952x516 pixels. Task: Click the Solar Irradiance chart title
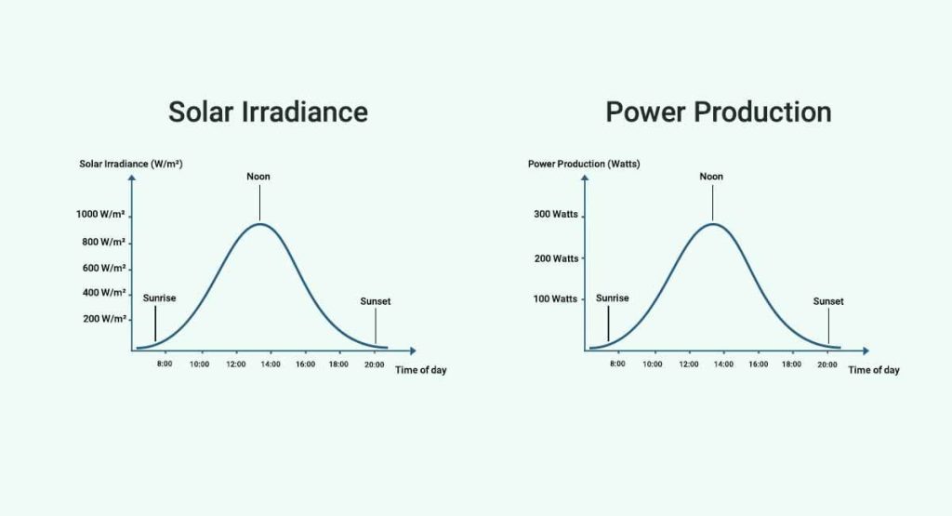(x=268, y=112)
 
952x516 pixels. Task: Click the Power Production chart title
(x=718, y=112)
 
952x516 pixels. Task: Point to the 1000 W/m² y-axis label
(x=100, y=215)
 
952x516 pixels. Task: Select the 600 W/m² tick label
(x=103, y=268)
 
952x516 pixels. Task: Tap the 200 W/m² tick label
(x=103, y=319)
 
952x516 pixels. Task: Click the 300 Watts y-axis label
(x=555, y=215)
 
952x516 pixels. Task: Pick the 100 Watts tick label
(x=555, y=299)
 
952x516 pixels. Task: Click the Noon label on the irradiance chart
(x=258, y=177)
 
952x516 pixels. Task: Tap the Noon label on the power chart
(x=711, y=177)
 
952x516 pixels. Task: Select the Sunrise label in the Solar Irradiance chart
(x=159, y=298)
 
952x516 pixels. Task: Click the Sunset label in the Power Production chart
(x=828, y=301)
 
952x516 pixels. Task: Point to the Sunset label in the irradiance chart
(x=376, y=301)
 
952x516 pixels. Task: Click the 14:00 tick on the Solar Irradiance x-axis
(x=271, y=364)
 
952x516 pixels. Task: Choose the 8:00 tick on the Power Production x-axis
(x=617, y=364)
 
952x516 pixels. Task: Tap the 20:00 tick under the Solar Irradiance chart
(x=374, y=364)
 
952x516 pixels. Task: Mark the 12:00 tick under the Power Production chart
(x=689, y=364)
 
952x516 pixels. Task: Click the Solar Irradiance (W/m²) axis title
(x=130, y=164)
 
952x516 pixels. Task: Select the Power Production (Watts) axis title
(x=584, y=164)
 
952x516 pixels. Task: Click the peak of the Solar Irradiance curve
(x=259, y=224)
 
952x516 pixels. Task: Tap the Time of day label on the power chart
(x=873, y=370)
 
